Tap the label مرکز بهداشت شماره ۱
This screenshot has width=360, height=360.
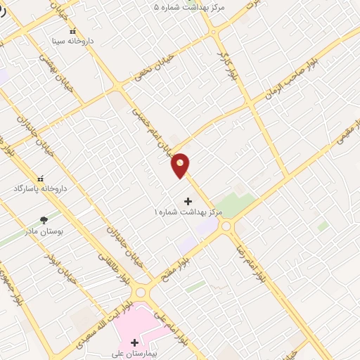188,212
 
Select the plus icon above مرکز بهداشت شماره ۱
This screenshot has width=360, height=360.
188,201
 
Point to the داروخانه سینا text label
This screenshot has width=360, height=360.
73,41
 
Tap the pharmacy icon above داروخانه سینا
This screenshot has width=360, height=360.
72,31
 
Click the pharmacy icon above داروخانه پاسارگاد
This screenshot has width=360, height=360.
39,179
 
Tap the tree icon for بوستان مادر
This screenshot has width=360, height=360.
44,220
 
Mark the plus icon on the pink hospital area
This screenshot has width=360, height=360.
134,342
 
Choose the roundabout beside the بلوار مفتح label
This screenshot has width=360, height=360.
226,226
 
